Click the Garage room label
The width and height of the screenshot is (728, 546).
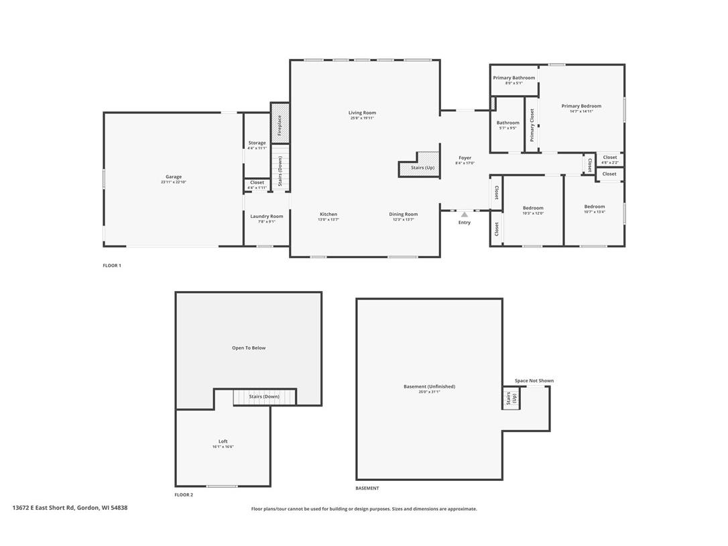[174, 177]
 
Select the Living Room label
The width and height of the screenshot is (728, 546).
[362, 113]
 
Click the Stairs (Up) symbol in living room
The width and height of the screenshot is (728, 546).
[419, 168]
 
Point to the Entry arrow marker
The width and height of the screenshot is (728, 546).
[465, 214]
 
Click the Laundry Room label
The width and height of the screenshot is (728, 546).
[267, 216]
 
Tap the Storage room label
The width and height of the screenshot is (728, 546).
[257, 143]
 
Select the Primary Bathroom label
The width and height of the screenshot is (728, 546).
[514, 78]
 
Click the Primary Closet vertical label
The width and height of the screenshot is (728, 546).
[532, 125]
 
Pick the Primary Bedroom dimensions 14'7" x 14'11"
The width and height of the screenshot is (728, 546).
[581, 111]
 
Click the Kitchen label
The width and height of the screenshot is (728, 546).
[328, 214]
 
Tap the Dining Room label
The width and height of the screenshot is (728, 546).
[404, 214]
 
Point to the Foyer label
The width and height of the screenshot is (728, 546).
[465, 158]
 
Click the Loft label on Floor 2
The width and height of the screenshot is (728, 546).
[223, 441]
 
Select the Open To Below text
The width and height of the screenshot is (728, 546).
[249, 348]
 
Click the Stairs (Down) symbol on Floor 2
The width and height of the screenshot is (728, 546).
[264, 396]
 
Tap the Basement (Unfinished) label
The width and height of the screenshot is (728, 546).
[429, 386]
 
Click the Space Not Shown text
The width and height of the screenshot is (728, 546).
[534, 380]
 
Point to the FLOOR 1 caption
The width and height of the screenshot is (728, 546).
[112, 266]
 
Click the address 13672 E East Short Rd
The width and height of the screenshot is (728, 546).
[70, 508]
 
